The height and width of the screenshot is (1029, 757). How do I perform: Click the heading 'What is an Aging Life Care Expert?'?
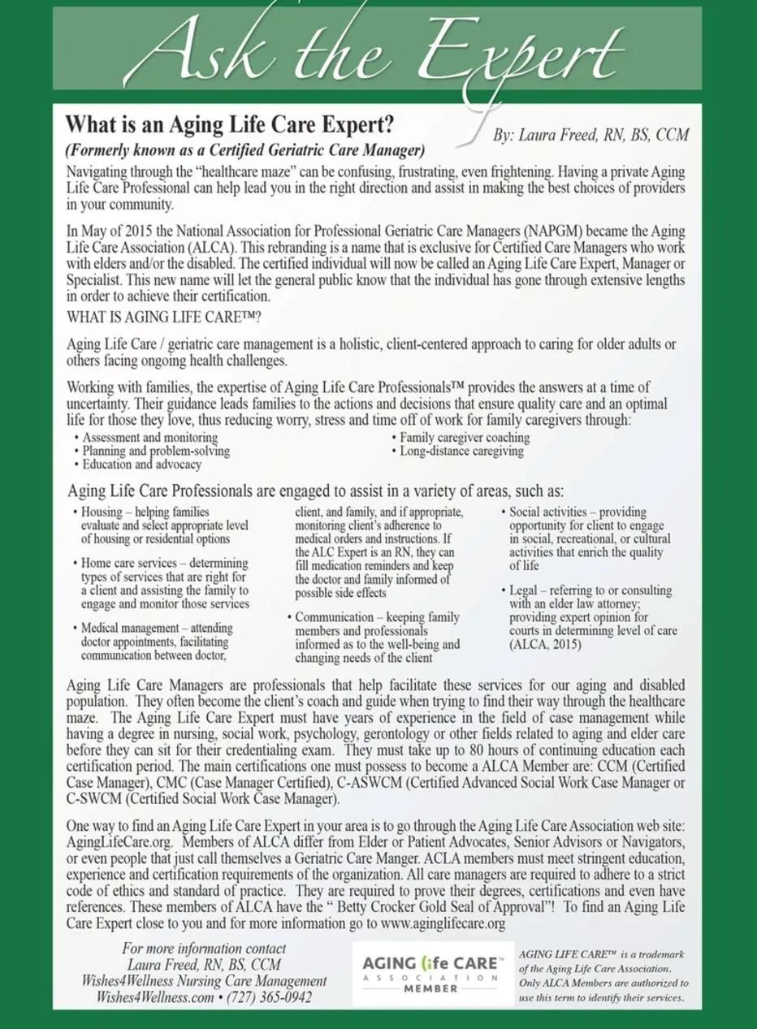(230, 125)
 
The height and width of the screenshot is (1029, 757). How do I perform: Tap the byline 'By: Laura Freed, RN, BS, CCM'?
(590, 136)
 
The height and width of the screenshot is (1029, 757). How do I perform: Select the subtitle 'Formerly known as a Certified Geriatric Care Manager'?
(245, 150)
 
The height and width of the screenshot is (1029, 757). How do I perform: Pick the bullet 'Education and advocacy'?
(141, 465)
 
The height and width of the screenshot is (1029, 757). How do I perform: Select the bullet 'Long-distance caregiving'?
(461, 451)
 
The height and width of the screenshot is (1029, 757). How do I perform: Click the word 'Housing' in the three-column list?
(101, 512)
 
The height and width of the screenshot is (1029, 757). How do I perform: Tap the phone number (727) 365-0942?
(269, 997)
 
